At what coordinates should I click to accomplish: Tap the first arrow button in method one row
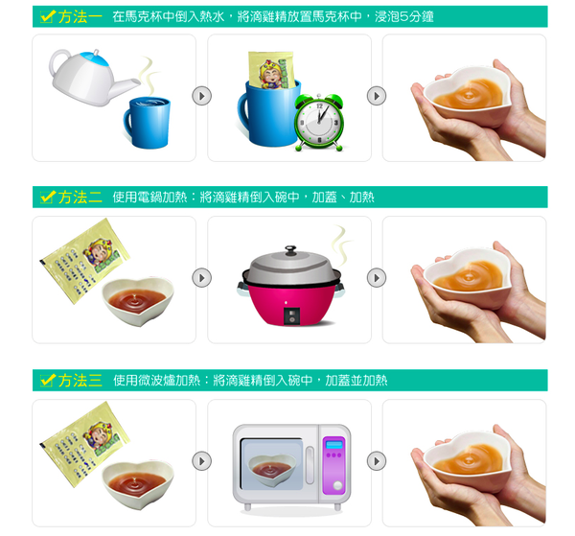click(x=201, y=96)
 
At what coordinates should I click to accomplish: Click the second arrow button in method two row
click(x=377, y=277)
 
